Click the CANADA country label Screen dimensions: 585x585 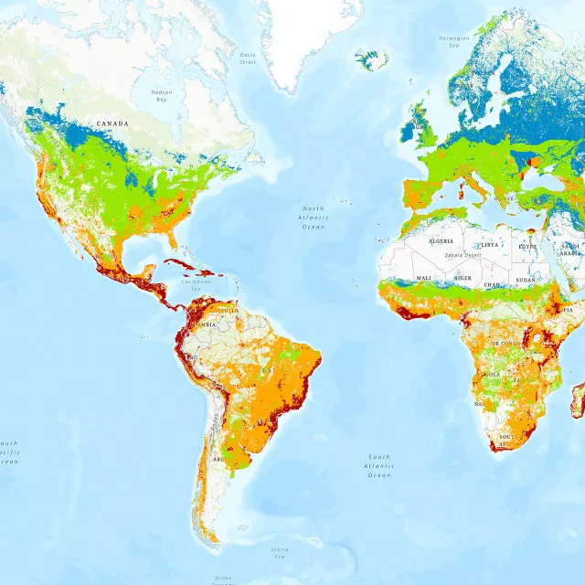(113, 123)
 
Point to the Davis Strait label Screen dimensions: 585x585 (248, 58)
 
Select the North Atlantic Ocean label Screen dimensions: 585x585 (313, 218)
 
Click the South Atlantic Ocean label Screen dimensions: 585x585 (379, 465)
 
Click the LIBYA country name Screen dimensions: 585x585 (491, 245)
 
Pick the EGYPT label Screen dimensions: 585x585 (528, 247)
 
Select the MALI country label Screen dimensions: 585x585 (424, 278)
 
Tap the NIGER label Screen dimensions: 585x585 (463, 278)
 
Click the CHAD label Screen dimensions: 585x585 (493, 284)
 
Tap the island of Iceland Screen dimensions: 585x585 (372, 60)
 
